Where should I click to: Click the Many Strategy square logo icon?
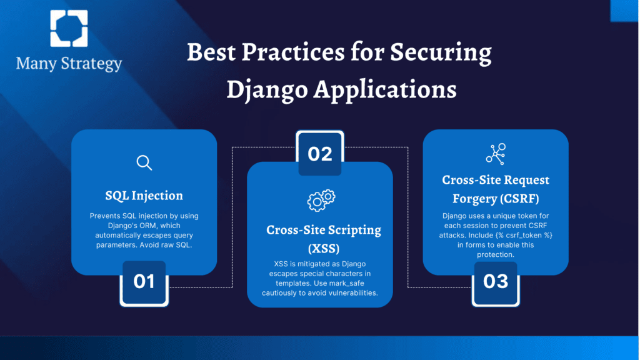click(69, 29)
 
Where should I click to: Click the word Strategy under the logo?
click(91, 64)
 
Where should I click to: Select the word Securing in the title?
click(441, 53)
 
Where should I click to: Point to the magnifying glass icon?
click(144, 162)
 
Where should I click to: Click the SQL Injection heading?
click(144, 196)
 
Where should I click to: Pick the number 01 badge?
click(144, 282)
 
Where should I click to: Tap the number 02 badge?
click(320, 154)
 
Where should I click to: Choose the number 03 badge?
click(496, 282)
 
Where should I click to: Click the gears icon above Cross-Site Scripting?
click(321, 201)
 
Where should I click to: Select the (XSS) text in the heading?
click(324, 249)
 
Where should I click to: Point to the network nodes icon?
click(496, 154)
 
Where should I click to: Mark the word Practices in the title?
click(292, 52)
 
